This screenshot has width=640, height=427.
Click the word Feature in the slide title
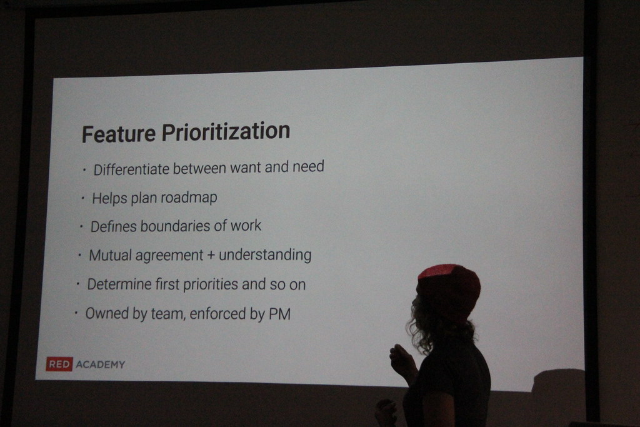[119, 133]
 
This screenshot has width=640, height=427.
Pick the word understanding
[265, 256]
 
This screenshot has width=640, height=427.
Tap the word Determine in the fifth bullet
[119, 284]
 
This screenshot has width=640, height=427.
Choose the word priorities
[211, 284]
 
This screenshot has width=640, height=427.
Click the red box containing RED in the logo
[59, 364]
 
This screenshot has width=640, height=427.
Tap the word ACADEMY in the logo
[100, 364]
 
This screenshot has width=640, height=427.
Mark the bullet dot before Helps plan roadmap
[83, 198]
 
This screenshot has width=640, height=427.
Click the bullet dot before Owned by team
[76, 313]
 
